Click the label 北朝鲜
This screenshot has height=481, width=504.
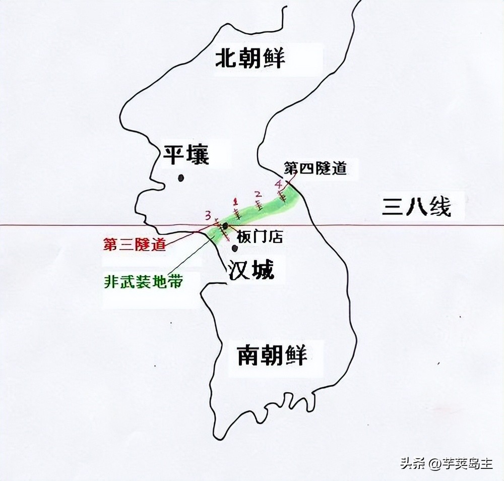click(250, 58)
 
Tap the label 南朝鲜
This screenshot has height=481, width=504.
click(272, 354)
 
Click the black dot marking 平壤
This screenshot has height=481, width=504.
click(180, 177)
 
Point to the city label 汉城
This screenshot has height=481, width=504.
click(251, 271)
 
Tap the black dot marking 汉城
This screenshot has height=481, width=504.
click(234, 248)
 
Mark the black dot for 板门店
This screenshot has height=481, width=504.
click(225, 225)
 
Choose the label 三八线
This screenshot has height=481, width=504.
click(416, 207)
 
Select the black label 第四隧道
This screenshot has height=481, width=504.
click(316, 168)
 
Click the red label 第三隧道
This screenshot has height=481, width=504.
click(134, 245)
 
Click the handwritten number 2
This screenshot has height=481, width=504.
click(258, 194)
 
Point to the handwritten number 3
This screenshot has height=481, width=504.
click(207, 216)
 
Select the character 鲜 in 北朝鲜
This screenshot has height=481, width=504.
click(273, 58)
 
